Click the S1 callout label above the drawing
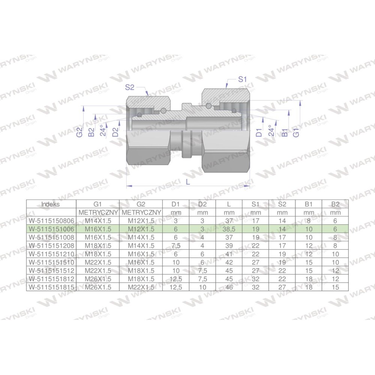tap(242, 79)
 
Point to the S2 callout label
tap(130, 87)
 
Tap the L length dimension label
tap(188, 182)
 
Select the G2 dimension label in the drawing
tap(79, 132)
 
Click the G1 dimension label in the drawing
tap(296, 132)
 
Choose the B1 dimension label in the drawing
tap(284, 132)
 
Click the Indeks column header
tap(51, 204)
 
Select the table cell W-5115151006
tap(51, 229)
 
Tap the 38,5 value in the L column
tap(229, 229)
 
